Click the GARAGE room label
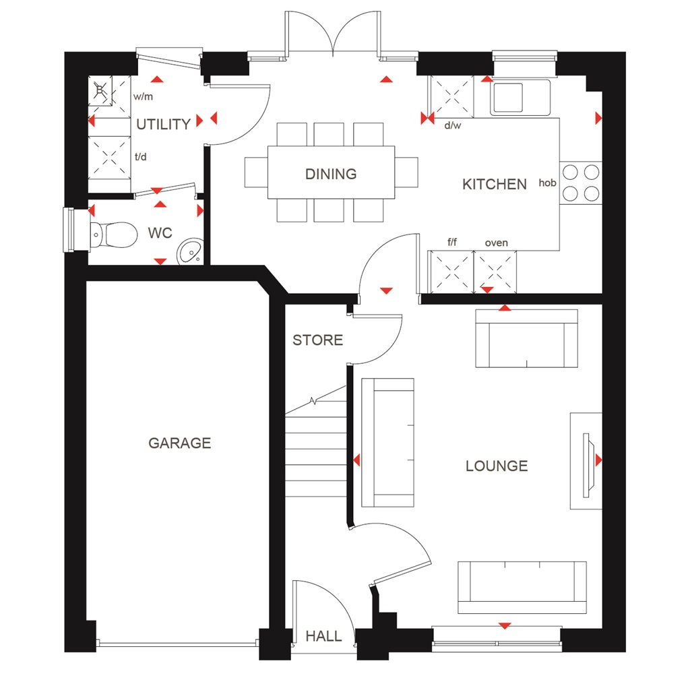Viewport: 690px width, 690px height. point(179,443)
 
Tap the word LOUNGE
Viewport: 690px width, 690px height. point(497,466)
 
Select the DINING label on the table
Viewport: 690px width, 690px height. point(331,174)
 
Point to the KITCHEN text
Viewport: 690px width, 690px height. point(494,184)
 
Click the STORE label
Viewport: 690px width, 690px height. point(317,340)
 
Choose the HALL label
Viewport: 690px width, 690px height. point(323,636)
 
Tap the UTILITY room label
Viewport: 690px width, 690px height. point(163,124)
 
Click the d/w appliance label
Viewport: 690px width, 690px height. point(451,125)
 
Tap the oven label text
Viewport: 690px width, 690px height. point(496,243)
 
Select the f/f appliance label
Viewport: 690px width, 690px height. point(453,243)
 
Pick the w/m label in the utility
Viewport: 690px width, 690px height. point(142,97)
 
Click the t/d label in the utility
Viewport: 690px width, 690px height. point(140,157)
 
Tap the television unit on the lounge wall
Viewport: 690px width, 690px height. point(586,461)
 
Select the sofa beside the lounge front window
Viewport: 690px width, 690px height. point(522,587)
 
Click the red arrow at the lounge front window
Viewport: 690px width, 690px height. point(504,626)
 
